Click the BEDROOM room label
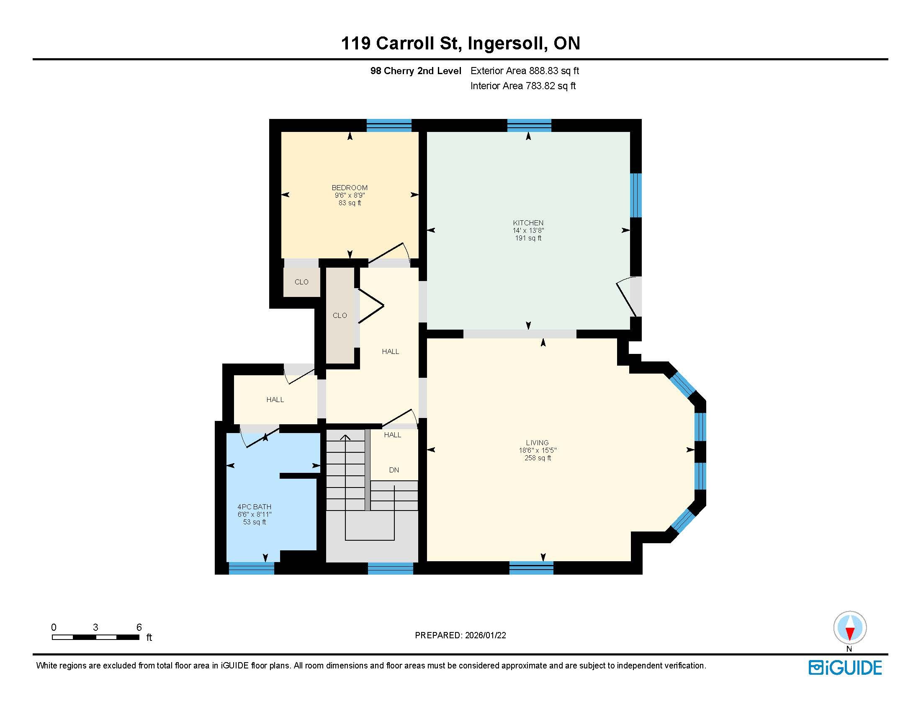coord(350,188)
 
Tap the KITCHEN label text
coord(528,223)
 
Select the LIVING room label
coord(537,442)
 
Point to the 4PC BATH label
coord(254,507)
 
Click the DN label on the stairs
coord(394,470)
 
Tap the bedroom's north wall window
coord(389,125)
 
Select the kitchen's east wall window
coord(636,195)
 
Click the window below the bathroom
coord(251,568)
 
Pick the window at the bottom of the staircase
coord(391,568)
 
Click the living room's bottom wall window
coord(531,568)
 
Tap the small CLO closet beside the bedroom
coord(301,282)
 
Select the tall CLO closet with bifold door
coord(340,315)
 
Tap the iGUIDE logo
coord(845,668)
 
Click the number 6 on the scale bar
coord(139,627)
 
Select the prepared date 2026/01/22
coord(485,635)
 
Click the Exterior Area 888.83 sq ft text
coord(525,71)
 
